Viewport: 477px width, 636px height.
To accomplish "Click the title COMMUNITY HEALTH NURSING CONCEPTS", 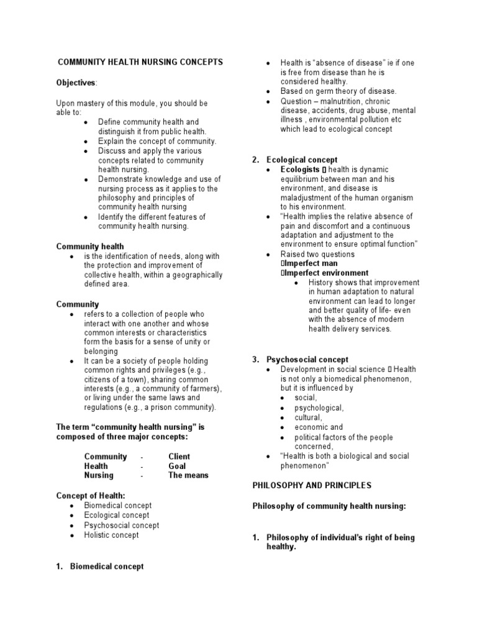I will click(140, 63).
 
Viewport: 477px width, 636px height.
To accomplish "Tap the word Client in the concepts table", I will click(179, 457).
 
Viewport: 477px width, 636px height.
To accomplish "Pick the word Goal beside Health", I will click(177, 466).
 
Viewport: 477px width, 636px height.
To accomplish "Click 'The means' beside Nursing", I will click(188, 475).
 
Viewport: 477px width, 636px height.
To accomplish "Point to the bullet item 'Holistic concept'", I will click(112, 535).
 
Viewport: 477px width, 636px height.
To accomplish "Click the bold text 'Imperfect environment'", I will click(326, 273).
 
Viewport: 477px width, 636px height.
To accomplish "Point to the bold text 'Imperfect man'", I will click(311, 263).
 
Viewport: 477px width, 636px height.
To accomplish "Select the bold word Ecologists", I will click(299, 170).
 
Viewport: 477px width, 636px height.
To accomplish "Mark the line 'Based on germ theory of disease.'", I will click(338, 91).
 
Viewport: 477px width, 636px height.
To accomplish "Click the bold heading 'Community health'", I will click(90, 247).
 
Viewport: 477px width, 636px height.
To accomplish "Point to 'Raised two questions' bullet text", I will click(317, 254).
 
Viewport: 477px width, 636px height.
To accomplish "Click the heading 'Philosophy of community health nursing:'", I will click(329, 506).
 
